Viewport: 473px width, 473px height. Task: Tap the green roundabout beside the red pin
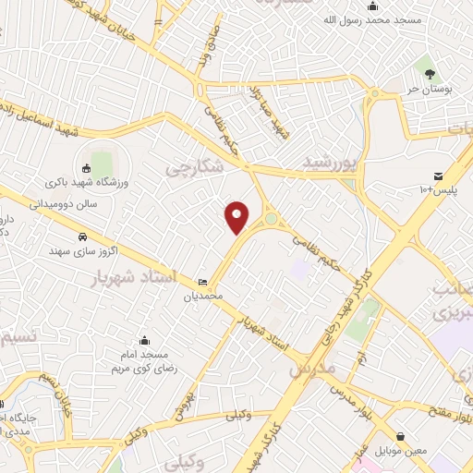271,220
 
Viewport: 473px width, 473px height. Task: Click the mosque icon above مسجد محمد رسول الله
372,6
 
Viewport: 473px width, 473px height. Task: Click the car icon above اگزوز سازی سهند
83,236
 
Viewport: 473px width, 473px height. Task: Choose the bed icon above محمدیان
202,282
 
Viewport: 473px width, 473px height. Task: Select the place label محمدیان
203,297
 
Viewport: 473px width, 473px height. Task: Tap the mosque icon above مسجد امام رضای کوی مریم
142,340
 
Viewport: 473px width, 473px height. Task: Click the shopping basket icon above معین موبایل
400,436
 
